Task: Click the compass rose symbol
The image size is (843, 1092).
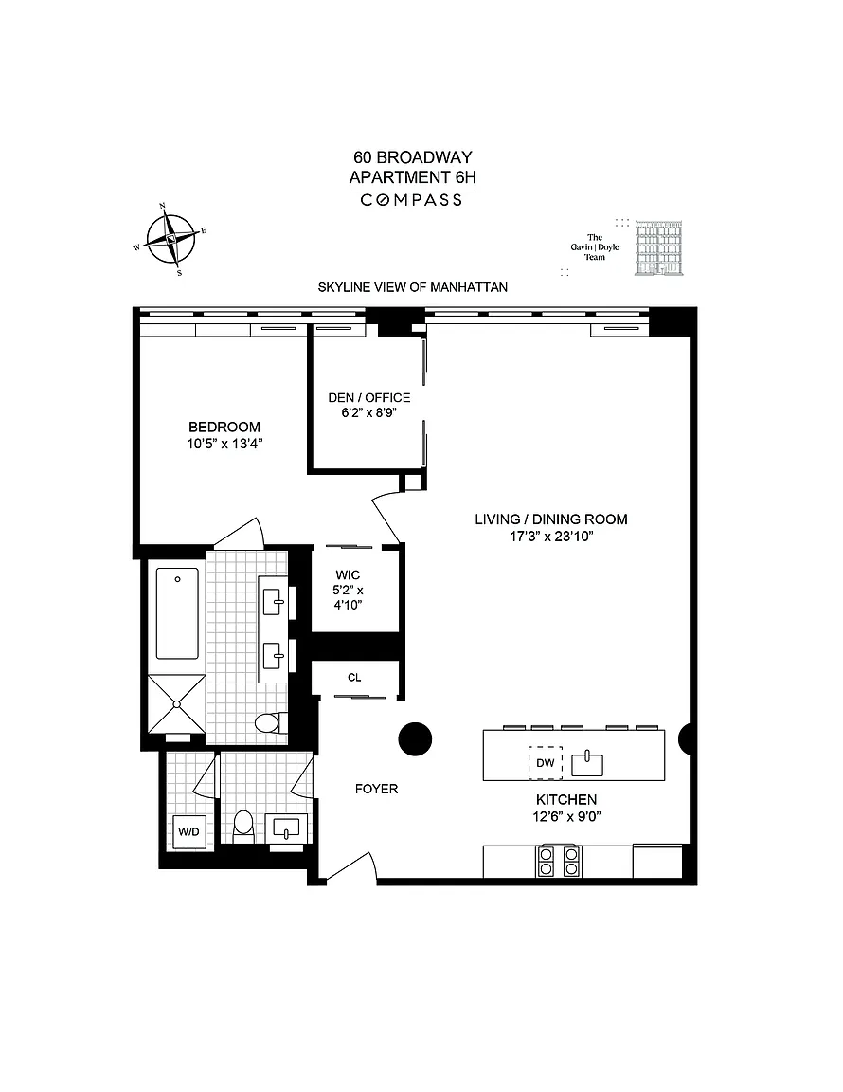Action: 170,239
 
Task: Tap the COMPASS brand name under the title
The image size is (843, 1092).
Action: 412,201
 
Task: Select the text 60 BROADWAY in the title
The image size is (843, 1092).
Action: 413,157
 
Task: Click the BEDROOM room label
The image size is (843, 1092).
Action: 224,427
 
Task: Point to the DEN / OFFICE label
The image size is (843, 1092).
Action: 369,398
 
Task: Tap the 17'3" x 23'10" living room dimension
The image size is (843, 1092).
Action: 551,537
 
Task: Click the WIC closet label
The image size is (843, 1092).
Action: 348,575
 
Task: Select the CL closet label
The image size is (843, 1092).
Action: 354,678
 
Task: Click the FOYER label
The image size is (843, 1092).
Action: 377,789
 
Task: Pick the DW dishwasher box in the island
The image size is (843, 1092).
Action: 545,762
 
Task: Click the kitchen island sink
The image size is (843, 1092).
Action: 587,763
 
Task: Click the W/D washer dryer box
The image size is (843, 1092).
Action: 188,831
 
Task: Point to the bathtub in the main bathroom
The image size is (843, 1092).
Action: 177,613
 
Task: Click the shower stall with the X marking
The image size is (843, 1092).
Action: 177,704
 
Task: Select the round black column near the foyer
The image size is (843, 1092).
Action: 415,739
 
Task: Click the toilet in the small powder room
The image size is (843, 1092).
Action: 242,825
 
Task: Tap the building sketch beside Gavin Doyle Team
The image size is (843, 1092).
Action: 658,248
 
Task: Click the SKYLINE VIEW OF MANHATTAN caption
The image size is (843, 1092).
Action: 413,287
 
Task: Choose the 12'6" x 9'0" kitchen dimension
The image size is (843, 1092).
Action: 566,817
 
